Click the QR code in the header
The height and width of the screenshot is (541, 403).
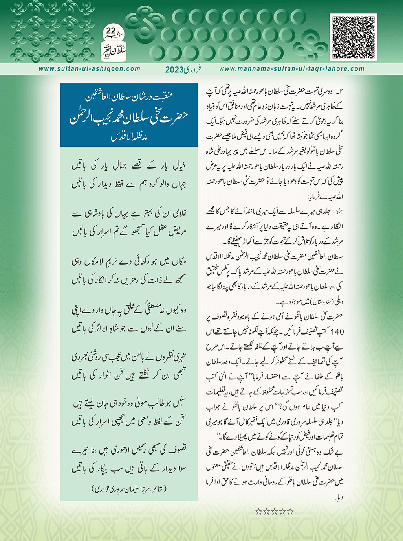(354, 37)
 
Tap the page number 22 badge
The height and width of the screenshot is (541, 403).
(111, 31)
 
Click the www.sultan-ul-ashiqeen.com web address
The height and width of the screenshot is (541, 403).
(90, 69)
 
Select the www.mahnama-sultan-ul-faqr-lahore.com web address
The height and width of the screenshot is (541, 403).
(291, 69)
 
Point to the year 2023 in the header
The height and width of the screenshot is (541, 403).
(174, 70)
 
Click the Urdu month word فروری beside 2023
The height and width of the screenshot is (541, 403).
(193, 69)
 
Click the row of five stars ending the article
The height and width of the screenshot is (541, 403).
(275, 512)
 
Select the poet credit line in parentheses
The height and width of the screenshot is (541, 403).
(129, 489)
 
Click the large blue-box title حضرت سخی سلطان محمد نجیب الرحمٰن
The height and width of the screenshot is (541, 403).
(129, 114)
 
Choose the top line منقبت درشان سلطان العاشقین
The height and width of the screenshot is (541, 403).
(129, 96)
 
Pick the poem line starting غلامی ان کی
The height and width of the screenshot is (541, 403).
(129, 214)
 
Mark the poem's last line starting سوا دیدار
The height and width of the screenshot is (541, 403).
(129, 469)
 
